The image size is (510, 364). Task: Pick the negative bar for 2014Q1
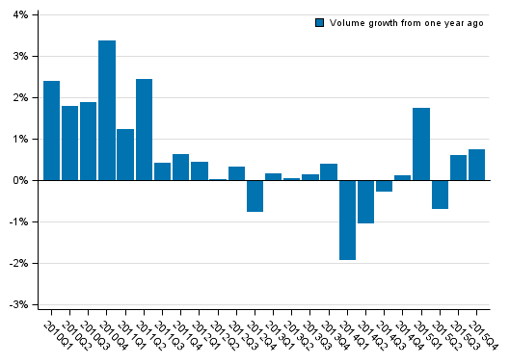tap(347, 220)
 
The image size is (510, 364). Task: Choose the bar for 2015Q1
tap(421, 144)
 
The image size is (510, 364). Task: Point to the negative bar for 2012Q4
tap(255, 195)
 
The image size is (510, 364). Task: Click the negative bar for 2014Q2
tap(365, 201)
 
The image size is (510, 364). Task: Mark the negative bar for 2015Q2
tap(440, 195)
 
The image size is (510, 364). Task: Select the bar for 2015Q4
tap(476, 165)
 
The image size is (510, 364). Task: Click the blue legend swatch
tap(320, 22)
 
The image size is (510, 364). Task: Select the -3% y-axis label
tap(18, 305)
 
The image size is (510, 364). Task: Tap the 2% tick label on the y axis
tap(20, 98)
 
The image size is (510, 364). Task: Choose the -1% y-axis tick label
tap(18, 222)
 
